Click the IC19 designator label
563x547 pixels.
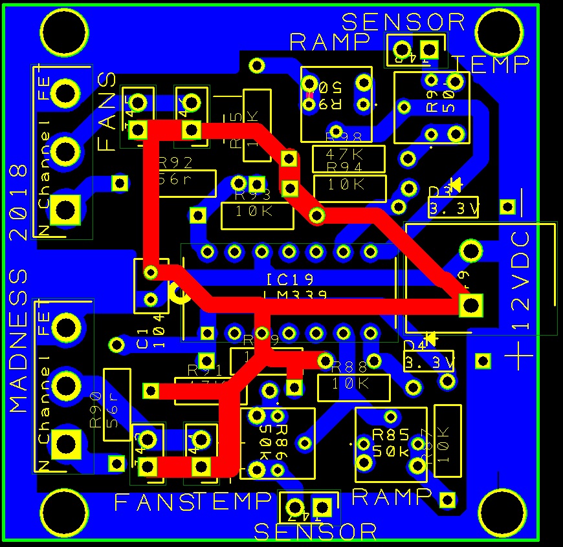(289, 280)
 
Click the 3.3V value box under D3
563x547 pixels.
(454, 208)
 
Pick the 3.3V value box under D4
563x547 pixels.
(428, 361)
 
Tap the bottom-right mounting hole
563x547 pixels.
(505, 511)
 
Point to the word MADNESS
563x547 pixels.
(19, 341)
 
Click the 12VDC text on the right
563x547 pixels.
(521, 281)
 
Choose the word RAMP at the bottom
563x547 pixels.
(392, 497)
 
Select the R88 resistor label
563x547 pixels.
(349, 367)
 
